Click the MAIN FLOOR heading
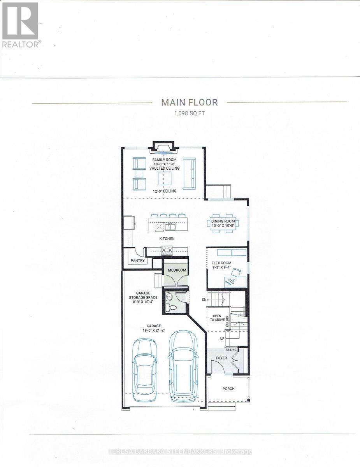(190, 102)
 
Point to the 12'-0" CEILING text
(165, 191)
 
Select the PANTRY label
(137, 260)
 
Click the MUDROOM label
(177, 270)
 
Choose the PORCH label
(228, 389)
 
